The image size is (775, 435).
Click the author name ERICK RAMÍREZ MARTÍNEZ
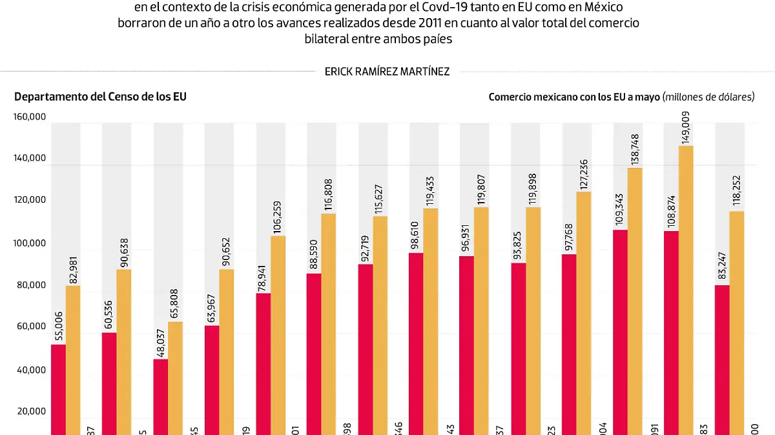point(387,72)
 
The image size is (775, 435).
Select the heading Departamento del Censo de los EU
point(100,97)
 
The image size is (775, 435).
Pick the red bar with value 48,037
point(161,396)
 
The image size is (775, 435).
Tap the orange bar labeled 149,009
point(686,290)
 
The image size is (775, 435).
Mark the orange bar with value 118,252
point(737,323)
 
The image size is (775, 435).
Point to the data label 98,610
point(417,227)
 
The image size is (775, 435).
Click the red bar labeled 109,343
point(619,332)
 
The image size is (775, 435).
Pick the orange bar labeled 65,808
point(175,378)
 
